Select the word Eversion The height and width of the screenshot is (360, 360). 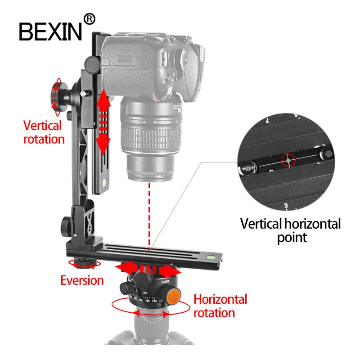(82, 281)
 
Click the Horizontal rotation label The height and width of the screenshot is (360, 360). (220, 306)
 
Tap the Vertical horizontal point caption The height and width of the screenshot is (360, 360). (290, 230)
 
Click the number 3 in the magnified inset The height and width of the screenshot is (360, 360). (286, 206)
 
